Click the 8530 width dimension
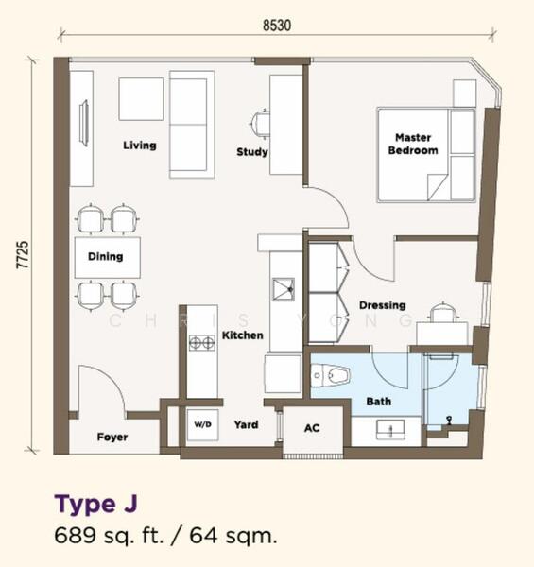point(277,26)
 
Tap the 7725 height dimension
point(23,254)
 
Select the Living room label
point(140,146)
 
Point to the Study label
point(252,152)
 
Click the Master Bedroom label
point(413,144)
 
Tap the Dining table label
point(105,256)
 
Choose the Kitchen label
point(242,335)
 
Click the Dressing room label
point(382,305)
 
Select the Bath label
point(379,402)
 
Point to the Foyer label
point(112,438)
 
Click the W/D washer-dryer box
point(202,424)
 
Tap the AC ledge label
point(312,428)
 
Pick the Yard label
point(246,424)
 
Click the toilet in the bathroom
point(330,375)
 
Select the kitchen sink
point(284,289)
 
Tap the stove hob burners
point(202,343)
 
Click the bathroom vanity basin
point(390,430)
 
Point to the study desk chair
point(260,124)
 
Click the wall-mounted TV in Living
point(85,123)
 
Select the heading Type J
point(95,504)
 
